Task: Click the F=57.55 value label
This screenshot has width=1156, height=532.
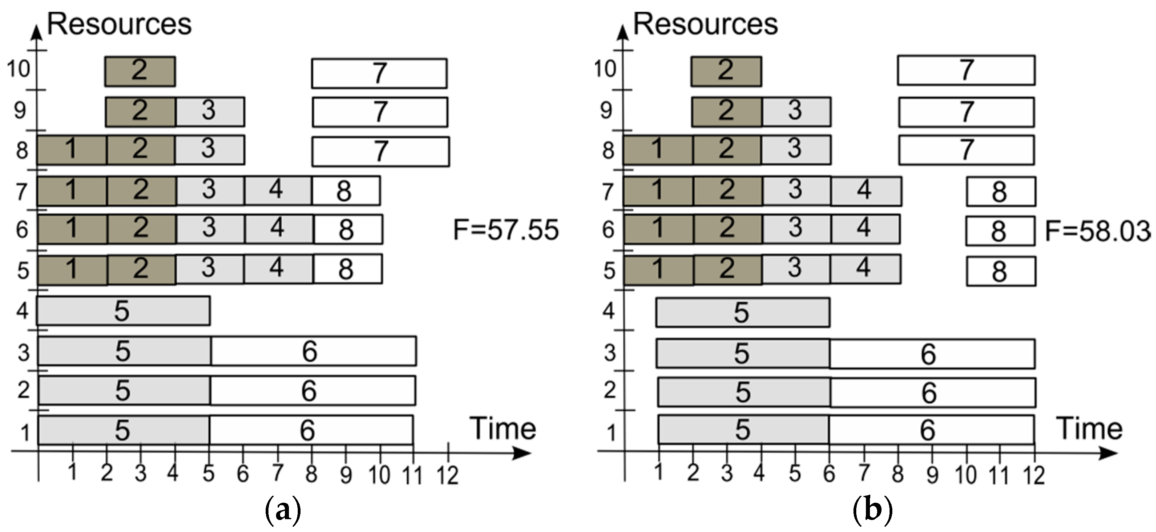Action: click(506, 230)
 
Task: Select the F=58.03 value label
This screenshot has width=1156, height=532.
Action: click(1097, 231)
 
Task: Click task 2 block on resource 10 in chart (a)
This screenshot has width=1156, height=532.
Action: click(140, 71)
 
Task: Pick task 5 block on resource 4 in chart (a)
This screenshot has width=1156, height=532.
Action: click(123, 311)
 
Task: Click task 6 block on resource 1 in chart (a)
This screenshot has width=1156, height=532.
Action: click(311, 430)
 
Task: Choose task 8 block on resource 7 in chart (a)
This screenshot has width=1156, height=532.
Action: click(346, 191)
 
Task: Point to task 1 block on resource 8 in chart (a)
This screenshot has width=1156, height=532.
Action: click(72, 150)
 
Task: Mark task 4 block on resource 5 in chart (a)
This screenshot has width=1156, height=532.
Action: click(278, 269)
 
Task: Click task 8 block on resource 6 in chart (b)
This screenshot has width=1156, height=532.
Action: click(1000, 231)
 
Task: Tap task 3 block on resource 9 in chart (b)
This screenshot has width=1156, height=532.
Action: click(796, 111)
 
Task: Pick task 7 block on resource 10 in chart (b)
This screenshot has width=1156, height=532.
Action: click(966, 71)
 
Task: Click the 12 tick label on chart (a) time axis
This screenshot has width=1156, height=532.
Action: click(448, 476)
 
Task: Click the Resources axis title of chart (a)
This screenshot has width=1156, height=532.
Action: click(119, 24)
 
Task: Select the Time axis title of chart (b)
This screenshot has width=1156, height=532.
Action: click(1090, 428)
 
